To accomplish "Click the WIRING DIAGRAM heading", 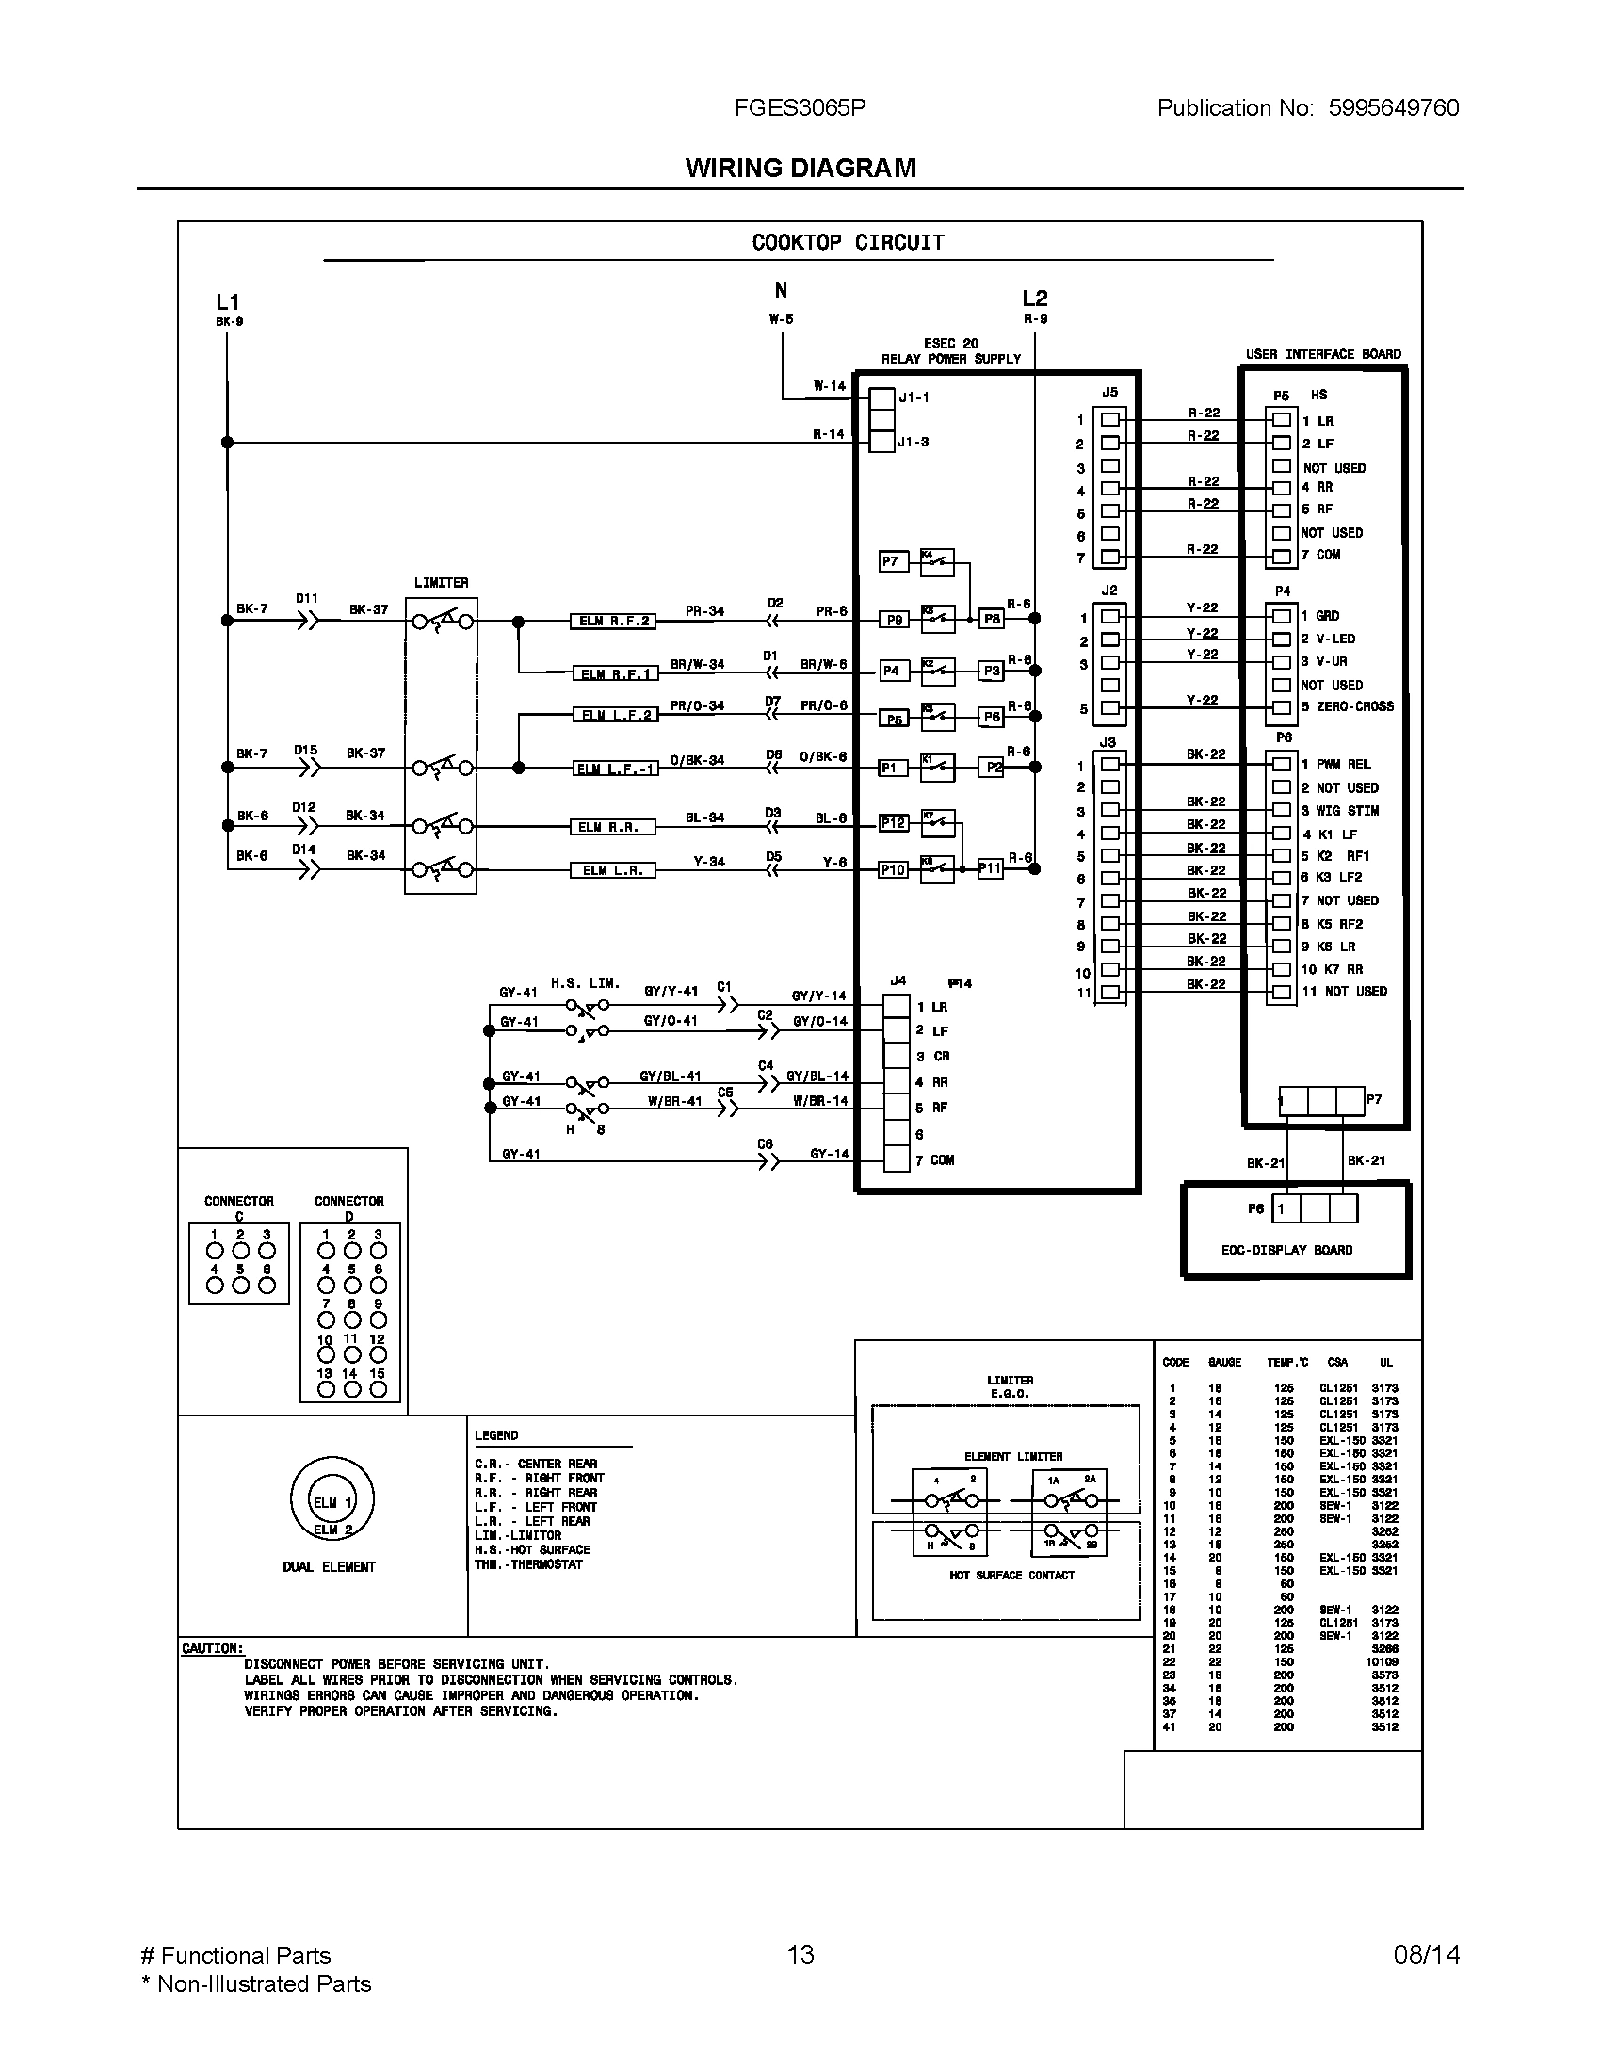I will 800,168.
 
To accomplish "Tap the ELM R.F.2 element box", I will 614,622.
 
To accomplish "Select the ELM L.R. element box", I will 612,870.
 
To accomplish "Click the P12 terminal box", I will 893,822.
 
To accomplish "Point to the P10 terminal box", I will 893,869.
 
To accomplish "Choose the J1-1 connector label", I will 914,397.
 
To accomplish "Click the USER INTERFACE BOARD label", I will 1323,354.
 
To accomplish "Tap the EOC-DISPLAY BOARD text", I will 1287,1250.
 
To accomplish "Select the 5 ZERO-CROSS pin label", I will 1347,706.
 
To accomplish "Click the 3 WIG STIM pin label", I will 1339,810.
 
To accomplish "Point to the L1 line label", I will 228,302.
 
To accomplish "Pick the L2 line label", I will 1035,299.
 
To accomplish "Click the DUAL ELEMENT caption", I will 329,1566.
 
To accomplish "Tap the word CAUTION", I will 213,1648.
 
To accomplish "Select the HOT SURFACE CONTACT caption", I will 1012,1575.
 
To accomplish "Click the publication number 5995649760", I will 1393,108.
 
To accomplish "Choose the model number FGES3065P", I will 800,108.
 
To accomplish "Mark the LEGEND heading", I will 496,1435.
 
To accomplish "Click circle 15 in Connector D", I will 378,1389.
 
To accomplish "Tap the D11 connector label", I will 306,599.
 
